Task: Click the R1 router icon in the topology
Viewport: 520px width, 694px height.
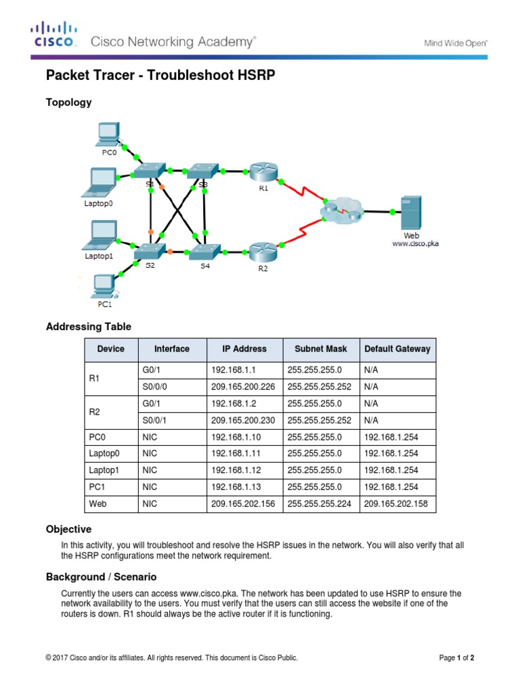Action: click(259, 171)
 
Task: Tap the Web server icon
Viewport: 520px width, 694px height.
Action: click(411, 213)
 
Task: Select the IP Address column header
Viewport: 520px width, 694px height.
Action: click(244, 349)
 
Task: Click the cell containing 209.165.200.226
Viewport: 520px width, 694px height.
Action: click(244, 386)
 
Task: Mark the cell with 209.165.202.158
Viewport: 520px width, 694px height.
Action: click(396, 504)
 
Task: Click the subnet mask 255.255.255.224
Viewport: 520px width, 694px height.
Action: click(320, 504)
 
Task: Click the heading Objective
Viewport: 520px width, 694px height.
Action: click(68, 529)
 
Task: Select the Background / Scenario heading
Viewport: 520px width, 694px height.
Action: click(101, 577)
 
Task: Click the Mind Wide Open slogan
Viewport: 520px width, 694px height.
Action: click(456, 43)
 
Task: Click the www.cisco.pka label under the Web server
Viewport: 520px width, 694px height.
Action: click(415, 244)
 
